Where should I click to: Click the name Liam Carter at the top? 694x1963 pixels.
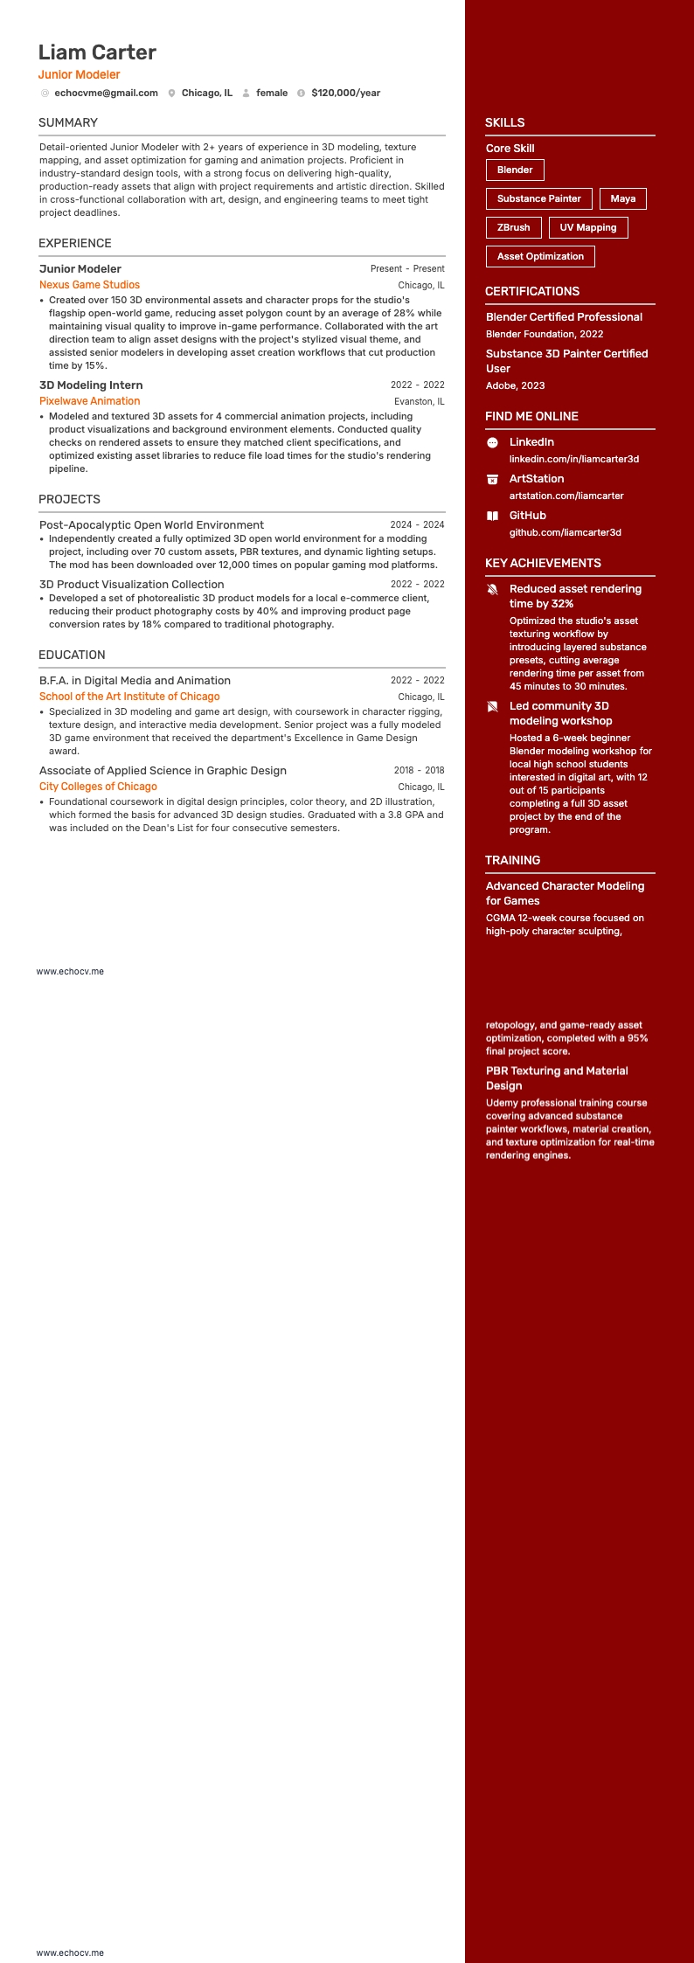pos(97,52)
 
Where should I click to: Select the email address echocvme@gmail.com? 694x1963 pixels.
pos(106,93)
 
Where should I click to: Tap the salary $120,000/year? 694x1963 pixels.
pos(345,93)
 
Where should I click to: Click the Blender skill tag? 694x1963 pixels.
pos(515,170)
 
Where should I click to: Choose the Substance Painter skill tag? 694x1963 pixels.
pos(538,198)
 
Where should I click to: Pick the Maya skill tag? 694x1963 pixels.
pos(622,198)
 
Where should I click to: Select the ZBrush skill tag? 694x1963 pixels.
pos(513,227)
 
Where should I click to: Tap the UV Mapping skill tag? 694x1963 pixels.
pos(587,227)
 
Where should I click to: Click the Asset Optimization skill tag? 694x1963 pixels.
pos(540,256)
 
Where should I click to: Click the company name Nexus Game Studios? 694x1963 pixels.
pos(89,285)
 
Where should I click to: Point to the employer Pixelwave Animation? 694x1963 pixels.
pos(89,401)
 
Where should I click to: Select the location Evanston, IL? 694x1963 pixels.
pos(419,402)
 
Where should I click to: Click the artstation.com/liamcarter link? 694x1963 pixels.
pos(566,496)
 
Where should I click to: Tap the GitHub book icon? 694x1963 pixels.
pos(492,516)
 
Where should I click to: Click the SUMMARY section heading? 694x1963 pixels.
pos(68,122)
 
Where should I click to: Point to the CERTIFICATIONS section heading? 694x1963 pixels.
pos(531,291)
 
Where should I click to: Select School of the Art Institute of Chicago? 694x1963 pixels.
pos(129,697)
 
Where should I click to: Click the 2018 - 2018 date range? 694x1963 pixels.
pos(419,771)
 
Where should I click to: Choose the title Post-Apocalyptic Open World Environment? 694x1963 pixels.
pos(151,525)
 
